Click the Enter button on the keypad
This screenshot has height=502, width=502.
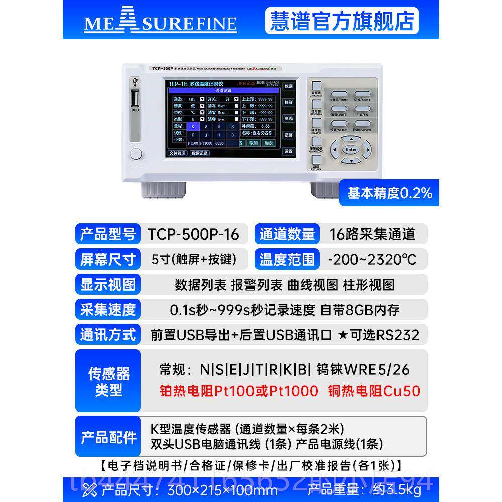pyautogui.click(x=351, y=149)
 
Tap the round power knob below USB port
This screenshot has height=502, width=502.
pyautogui.click(x=135, y=154)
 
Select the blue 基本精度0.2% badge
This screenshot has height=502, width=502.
pyautogui.click(x=389, y=193)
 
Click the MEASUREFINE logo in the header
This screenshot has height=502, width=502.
pyautogui.click(x=160, y=23)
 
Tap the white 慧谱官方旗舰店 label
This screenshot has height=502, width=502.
pyautogui.click(x=341, y=21)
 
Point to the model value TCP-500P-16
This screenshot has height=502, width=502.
pyautogui.click(x=193, y=234)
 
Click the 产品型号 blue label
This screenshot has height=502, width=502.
pyautogui.click(x=108, y=234)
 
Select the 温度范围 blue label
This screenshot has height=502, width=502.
pyautogui.click(x=287, y=259)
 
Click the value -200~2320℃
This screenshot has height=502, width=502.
pyautogui.click(x=371, y=259)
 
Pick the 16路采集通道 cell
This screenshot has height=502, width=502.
pyautogui.click(x=372, y=234)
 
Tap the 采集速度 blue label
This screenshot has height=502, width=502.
pyautogui.click(x=108, y=309)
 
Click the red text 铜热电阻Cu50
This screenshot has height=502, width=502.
pyautogui.click(x=374, y=391)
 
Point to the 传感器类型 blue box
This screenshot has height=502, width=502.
pyautogui.click(x=108, y=381)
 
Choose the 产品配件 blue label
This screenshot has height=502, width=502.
pyautogui.click(x=108, y=436)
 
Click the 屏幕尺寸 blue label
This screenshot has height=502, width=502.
pyautogui.click(x=108, y=259)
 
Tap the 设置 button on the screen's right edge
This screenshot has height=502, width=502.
pyautogui.click(x=288, y=151)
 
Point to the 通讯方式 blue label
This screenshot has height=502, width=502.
pyautogui.click(x=108, y=335)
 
